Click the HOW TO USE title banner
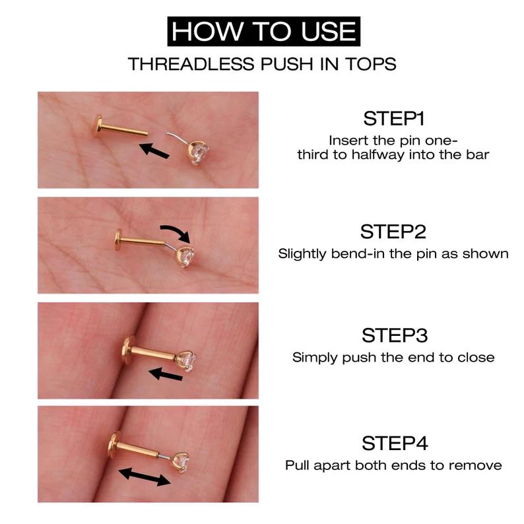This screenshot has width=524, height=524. coord(262,31)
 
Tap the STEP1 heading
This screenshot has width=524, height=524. coord(393,119)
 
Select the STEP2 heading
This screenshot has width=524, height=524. coord(393,232)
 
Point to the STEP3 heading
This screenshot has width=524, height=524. coord(393,335)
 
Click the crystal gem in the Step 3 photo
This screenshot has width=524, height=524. coord(189,360)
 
